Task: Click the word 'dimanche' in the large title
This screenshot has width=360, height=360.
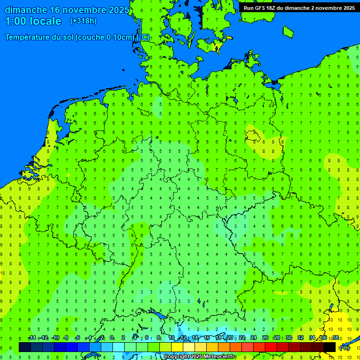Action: coord(26,10)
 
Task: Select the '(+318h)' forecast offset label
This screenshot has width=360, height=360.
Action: coord(83,21)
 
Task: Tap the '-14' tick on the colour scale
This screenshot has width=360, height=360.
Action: coord(31,338)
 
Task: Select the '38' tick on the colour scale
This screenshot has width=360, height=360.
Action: coord(336,338)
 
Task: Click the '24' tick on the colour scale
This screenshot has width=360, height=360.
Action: coord(254,338)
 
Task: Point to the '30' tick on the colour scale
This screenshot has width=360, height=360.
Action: coord(289,338)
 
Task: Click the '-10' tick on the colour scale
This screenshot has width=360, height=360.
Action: coord(55,338)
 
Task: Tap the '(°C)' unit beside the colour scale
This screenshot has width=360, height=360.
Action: coord(345,348)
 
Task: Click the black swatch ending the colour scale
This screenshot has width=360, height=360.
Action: coord(330,347)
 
